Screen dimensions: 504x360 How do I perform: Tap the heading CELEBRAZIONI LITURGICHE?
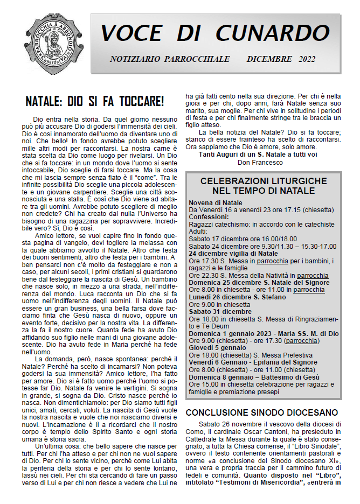[264, 181]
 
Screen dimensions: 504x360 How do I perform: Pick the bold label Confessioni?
[211, 217]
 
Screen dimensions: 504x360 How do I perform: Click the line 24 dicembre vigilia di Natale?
[233, 253]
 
